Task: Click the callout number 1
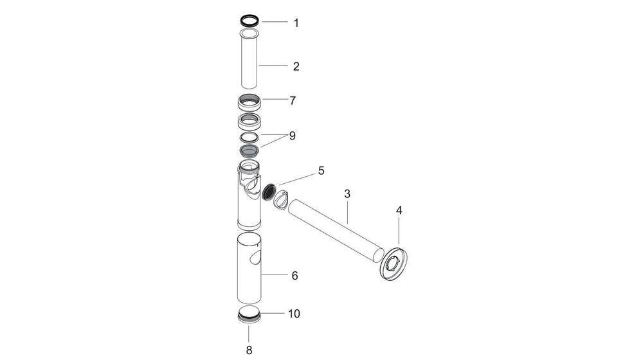pyautogui.click(x=296, y=23)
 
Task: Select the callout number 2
pyautogui.click(x=296, y=66)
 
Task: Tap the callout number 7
pyautogui.click(x=293, y=101)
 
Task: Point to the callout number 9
pyautogui.click(x=292, y=136)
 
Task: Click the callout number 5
pyautogui.click(x=321, y=171)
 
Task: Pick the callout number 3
pyautogui.click(x=347, y=194)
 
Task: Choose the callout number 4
pyautogui.click(x=399, y=210)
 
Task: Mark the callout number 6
pyautogui.click(x=294, y=276)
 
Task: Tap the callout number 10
pyautogui.click(x=294, y=314)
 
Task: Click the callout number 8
pyautogui.click(x=249, y=350)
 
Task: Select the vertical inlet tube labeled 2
pyautogui.click(x=249, y=61)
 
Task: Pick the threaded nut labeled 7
pyautogui.click(x=249, y=102)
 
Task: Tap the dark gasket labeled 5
pyautogui.click(x=271, y=191)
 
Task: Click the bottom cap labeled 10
pyautogui.click(x=249, y=315)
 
